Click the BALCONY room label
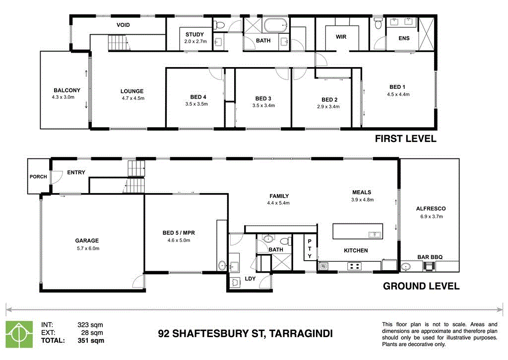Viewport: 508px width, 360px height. (x=67, y=90)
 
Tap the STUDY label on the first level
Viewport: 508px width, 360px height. (x=194, y=34)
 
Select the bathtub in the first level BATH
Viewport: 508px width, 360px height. (x=275, y=24)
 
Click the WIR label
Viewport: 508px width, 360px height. (x=341, y=37)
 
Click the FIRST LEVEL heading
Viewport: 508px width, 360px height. (x=405, y=139)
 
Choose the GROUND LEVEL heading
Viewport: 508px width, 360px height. (x=421, y=286)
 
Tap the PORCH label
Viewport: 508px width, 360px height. (x=38, y=176)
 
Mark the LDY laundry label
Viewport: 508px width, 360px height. (x=250, y=279)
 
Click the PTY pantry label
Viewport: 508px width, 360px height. (x=310, y=248)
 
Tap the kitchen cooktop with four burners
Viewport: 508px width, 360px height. (x=355, y=267)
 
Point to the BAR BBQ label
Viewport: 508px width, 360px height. (x=430, y=257)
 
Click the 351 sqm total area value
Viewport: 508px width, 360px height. (x=91, y=341)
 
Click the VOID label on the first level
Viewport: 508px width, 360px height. (x=123, y=25)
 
